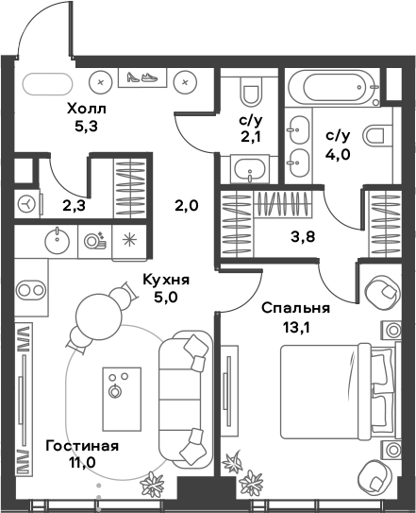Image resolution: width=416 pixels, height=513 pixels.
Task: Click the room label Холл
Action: pos(85,110)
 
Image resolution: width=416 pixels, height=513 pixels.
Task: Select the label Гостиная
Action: pos(81,445)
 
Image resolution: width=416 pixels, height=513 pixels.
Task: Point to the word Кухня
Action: pos(166,280)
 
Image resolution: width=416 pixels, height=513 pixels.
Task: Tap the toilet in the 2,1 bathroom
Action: pos(250,93)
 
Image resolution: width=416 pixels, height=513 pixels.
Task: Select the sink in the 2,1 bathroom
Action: pos(250,170)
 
